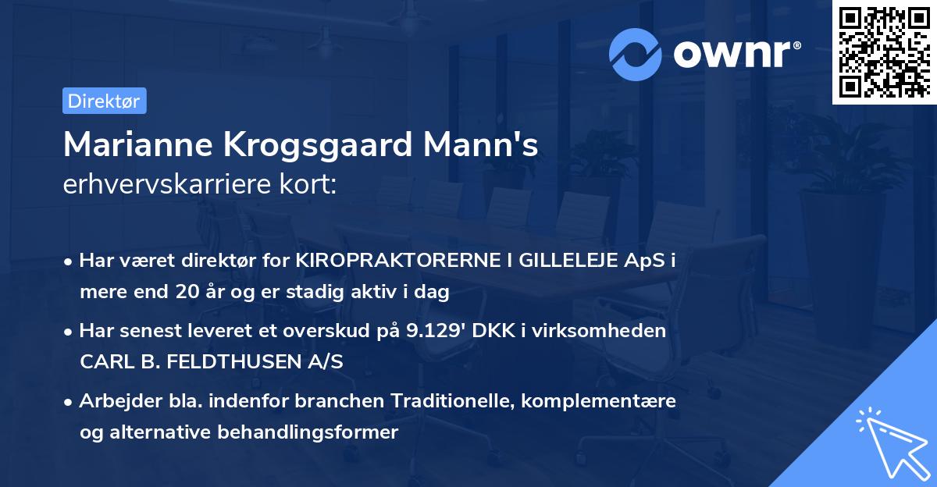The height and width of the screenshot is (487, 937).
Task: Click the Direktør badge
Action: point(104,101)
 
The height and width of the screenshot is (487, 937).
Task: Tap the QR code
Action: point(883,52)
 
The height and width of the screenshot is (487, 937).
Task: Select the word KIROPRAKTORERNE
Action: point(395,261)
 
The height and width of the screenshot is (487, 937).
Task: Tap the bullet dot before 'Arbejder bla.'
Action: point(69,401)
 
